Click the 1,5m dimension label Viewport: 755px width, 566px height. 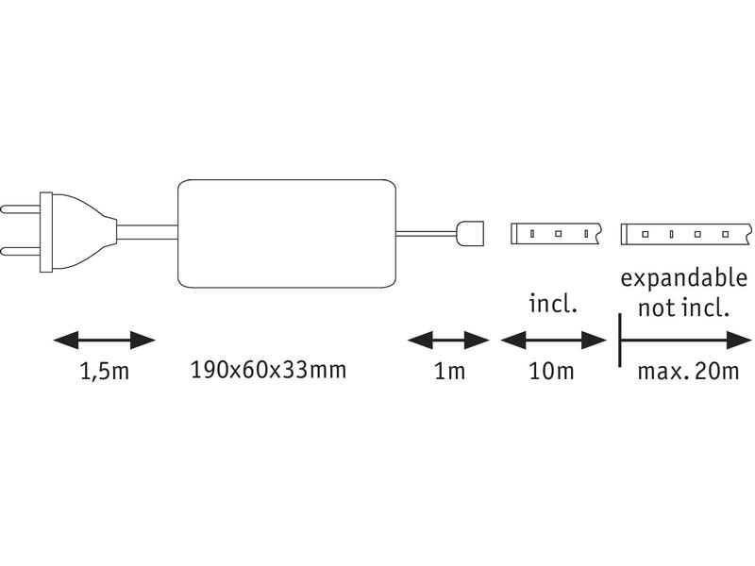coord(105,372)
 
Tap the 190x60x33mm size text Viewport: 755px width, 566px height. coord(269,370)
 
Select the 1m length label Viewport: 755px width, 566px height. coord(450,371)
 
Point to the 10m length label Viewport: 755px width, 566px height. coord(551,371)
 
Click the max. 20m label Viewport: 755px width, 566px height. coord(688,371)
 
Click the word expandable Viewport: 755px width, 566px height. coord(683,279)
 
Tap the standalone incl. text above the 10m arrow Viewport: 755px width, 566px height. coord(553,304)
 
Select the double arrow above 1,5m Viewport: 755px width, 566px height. coord(104,341)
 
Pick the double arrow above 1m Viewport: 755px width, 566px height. coord(448,341)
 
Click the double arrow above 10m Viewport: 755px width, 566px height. coord(553,341)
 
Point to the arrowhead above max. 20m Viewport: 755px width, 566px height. coord(739,341)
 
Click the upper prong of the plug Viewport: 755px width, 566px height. coord(20,209)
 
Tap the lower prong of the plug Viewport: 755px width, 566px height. coord(20,252)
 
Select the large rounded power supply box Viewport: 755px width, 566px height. coord(287,234)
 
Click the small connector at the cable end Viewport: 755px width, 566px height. coord(469,233)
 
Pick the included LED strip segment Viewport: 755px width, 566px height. coord(556,234)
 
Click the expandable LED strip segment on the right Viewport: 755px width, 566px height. coord(686,234)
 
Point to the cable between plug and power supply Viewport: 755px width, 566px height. coord(147,233)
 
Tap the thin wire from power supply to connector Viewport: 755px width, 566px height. coord(427,234)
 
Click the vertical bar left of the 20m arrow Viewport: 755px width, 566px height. coord(620,340)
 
